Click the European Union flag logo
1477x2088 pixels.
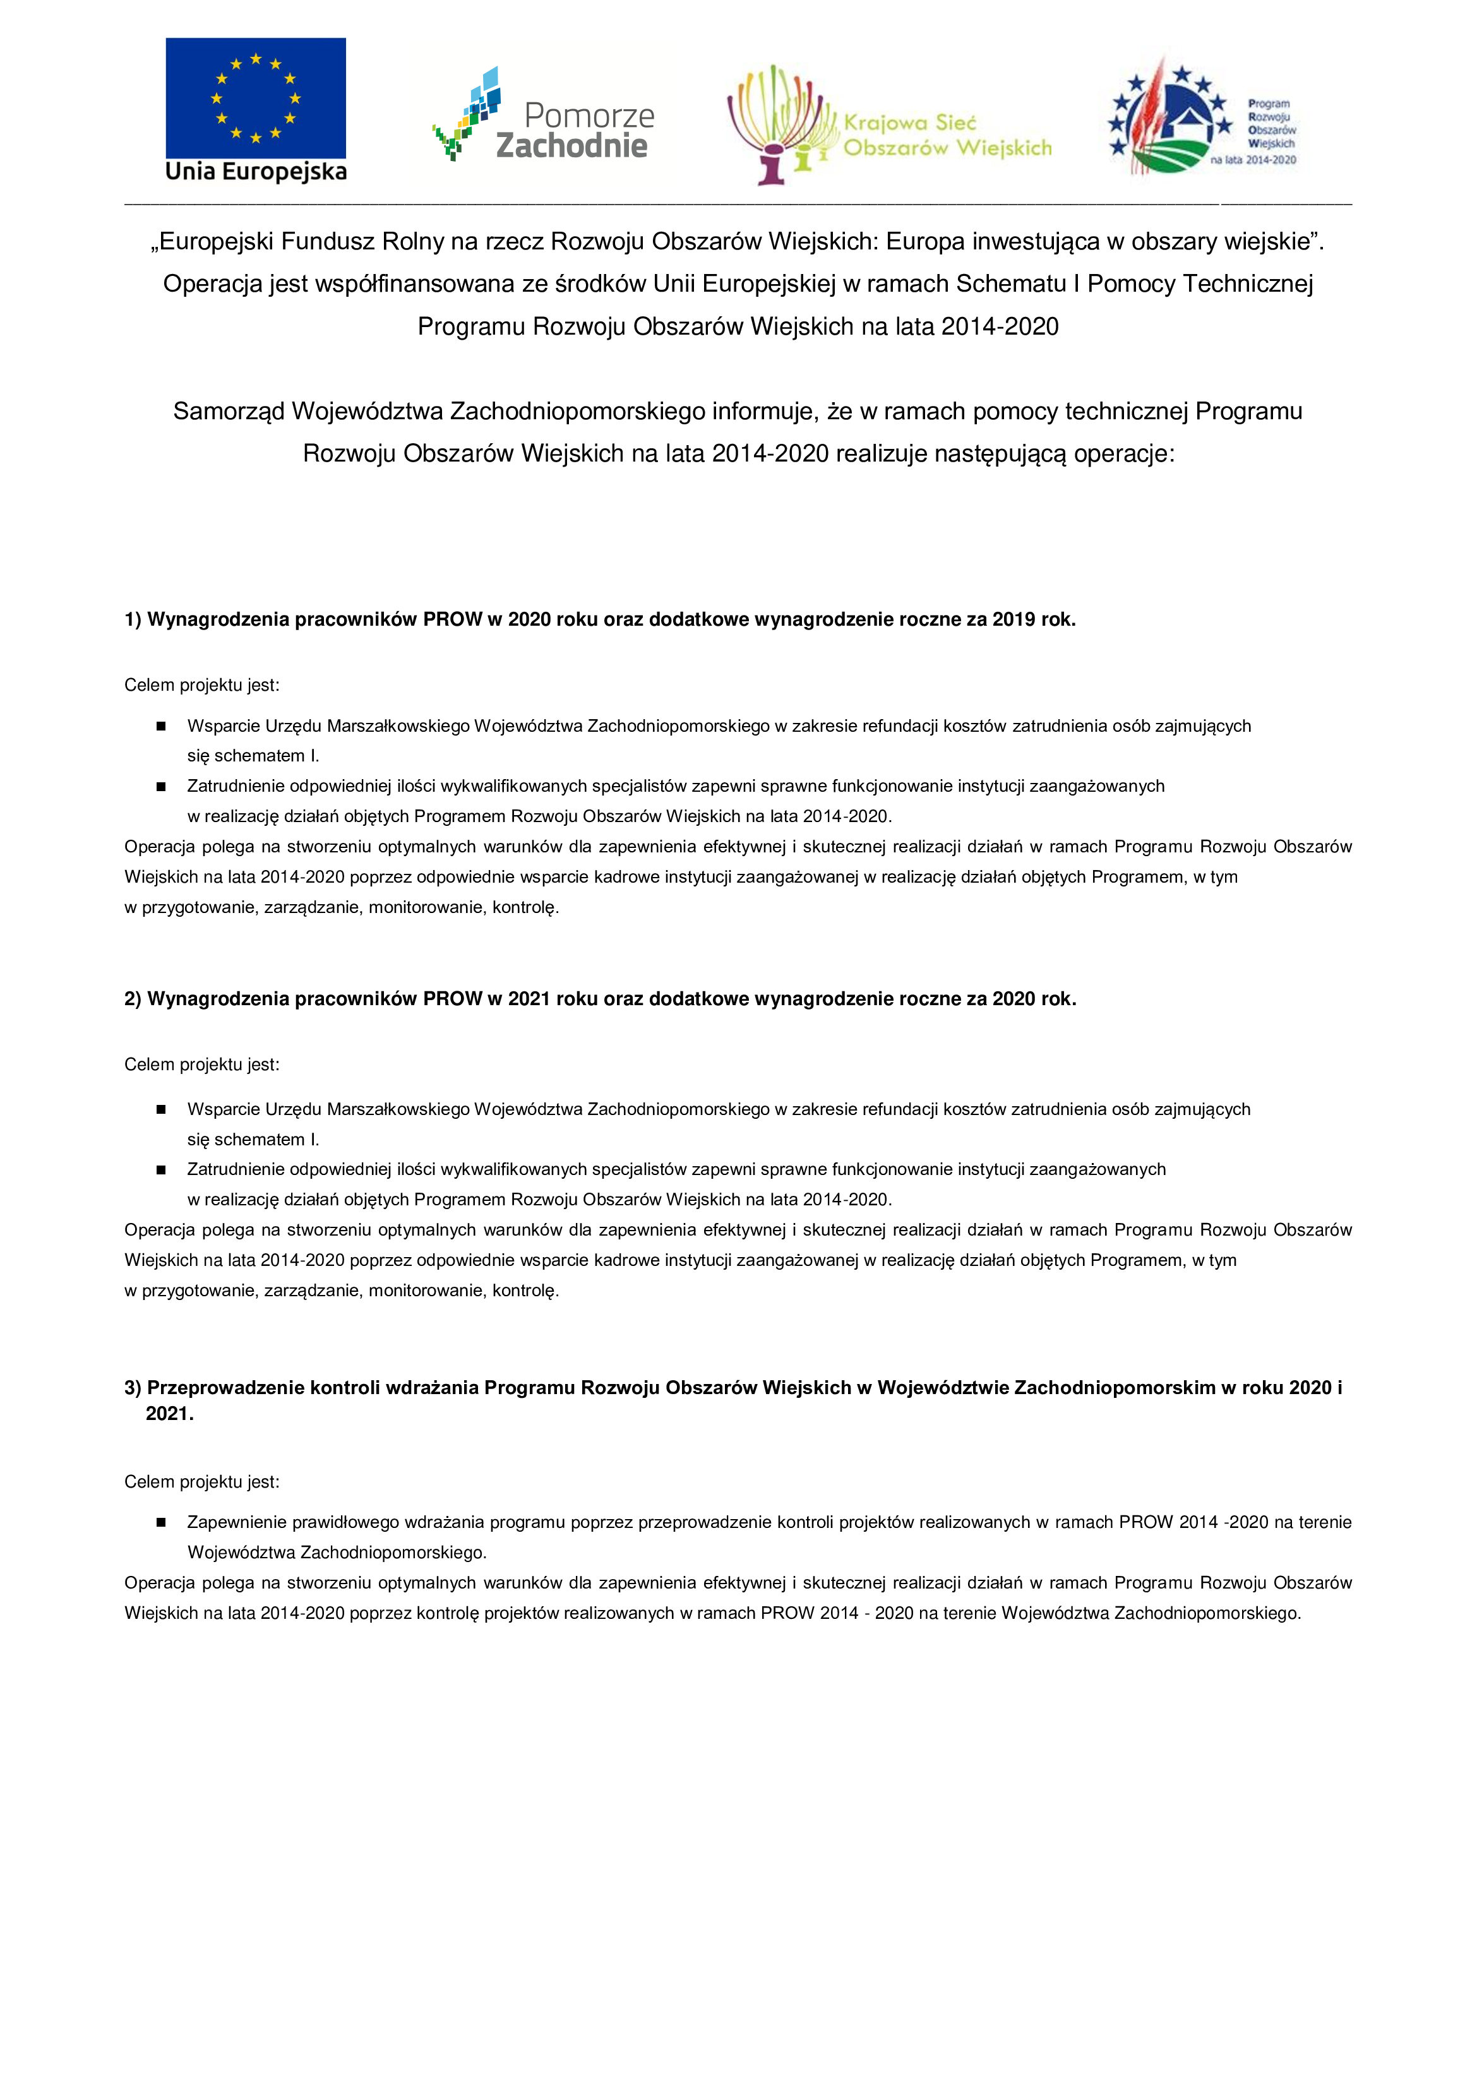(256, 98)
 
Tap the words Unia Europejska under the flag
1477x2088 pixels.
(256, 172)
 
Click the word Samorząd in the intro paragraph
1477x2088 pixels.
(229, 412)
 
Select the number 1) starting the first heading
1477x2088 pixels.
(133, 620)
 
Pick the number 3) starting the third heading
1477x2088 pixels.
(133, 1388)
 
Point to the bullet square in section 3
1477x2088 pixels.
(161, 1522)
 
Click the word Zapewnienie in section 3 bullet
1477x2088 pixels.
(231, 1522)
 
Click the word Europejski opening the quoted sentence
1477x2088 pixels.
(212, 242)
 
